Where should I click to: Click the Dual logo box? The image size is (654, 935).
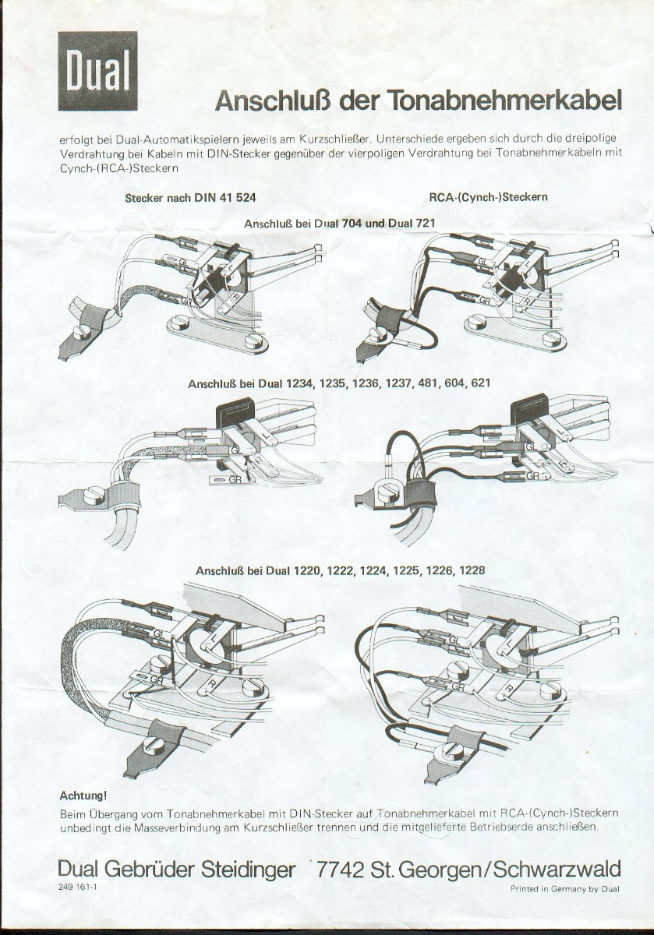tap(97, 71)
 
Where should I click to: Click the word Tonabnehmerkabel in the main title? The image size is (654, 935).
tap(505, 101)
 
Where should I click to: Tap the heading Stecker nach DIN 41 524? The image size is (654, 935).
tap(190, 198)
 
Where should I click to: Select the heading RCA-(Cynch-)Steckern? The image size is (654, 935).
tap(488, 197)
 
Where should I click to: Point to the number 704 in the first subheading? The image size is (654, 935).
tap(352, 224)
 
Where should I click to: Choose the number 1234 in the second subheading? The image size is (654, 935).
tap(301, 383)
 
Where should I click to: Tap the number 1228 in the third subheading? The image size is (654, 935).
tap(472, 570)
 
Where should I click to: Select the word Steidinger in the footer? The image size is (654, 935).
tap(248, 870)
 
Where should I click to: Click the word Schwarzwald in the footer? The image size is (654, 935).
tap(557, 870)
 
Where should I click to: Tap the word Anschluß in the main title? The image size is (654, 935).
tap(273, 101)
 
